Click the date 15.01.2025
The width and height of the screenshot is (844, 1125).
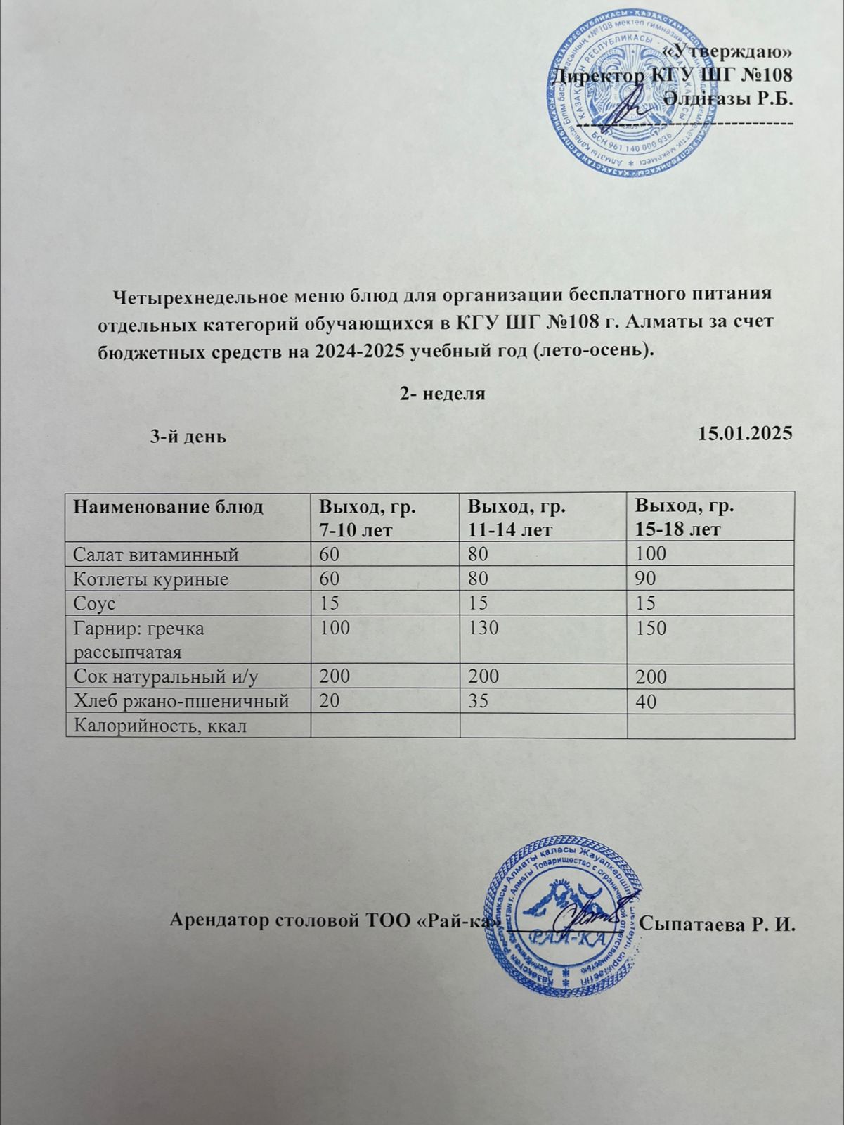746,434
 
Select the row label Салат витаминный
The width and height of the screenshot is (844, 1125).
156,555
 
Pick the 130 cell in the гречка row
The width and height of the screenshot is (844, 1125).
483,627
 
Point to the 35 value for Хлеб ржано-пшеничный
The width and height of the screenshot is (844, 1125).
478,701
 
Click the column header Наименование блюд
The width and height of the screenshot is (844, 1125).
169,507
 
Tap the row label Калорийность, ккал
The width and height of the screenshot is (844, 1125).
160,725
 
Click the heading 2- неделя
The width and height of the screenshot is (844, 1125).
442,394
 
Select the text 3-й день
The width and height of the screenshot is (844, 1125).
188,436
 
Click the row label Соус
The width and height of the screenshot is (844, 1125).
94,603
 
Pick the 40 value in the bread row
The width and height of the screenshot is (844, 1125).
646,701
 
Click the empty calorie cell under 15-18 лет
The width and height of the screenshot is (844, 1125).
710,725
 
